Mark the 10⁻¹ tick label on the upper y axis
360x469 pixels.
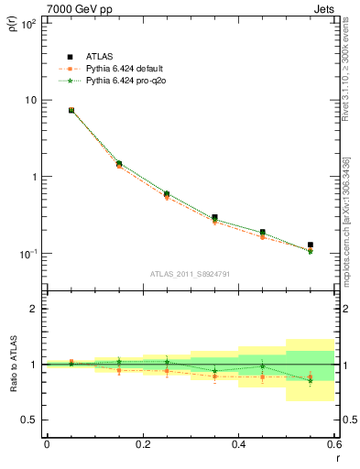[28, 254]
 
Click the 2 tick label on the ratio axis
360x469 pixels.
[33, 309]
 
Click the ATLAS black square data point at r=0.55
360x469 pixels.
[311, 245]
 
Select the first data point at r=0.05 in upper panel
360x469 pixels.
[71, 110]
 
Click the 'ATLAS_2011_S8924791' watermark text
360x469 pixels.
[190, 273]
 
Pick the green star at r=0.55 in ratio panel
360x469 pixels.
[311, 380]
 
